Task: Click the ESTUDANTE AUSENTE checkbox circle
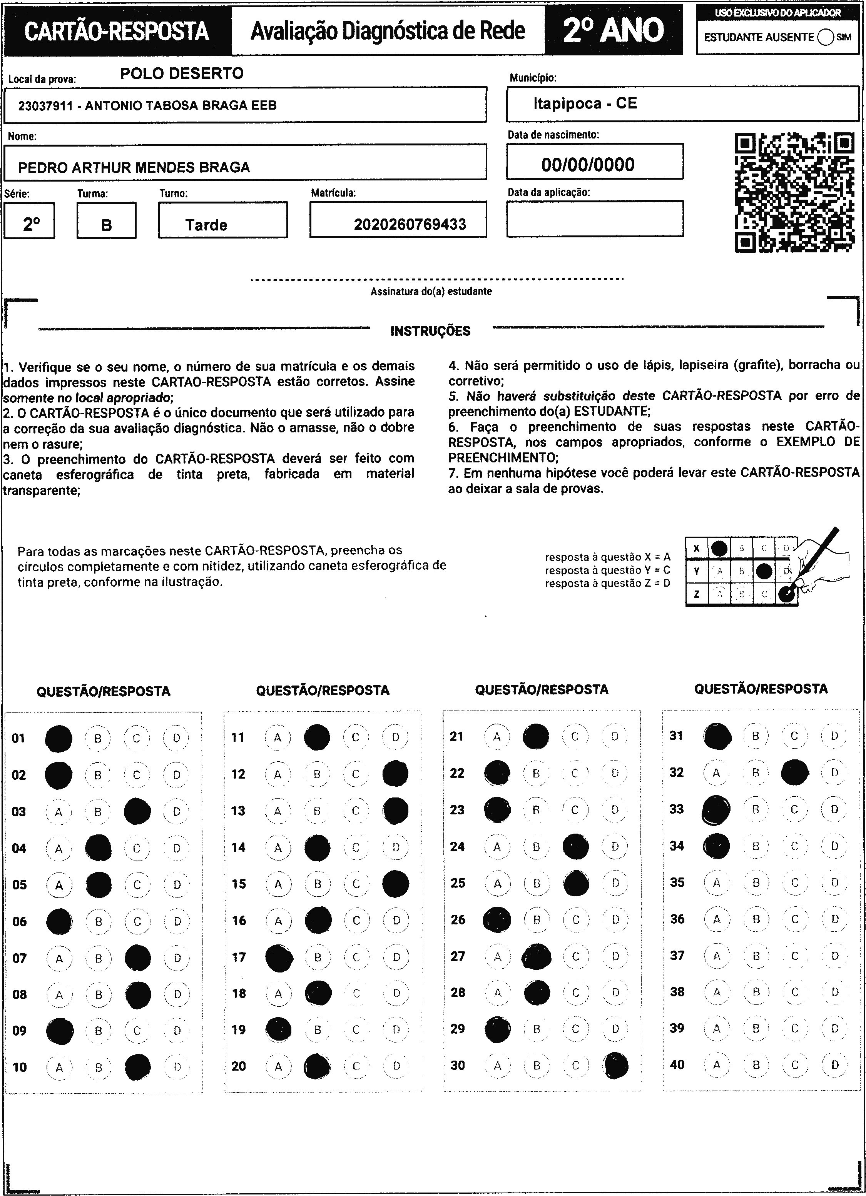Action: pyautogui.click(x=825, y=37)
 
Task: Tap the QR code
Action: pyautogui.click(x=795, y=192)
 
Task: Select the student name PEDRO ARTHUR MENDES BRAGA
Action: pyautogui.click(x=134, y=168)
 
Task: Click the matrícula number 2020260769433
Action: pyautogui.click(x=410, y=225)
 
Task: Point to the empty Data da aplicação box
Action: pyautogui.click(x=595, y=219)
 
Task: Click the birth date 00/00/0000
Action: pyautogui.click(x=588, y=165)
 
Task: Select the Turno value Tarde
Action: pyautogui.click(x=206, y=225)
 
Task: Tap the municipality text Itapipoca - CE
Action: pyautogui.click(x=585, y=103)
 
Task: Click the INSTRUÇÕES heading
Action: pyautogui.click(x=430, y=331)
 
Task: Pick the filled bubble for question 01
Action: pyautogui.click(x=59, y=738)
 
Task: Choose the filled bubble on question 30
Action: pyautogui.click(x=616, y=1065)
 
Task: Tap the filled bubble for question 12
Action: pyautogui.click(x=396, y=774)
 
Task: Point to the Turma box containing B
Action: pyautogui.click(x=107, y=221)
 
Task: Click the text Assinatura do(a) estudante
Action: pyautogui.click(x=431, y=291)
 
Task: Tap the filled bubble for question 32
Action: pyautogui.click(x=795, y=772)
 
